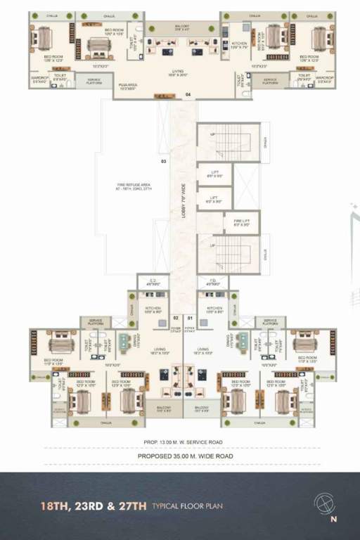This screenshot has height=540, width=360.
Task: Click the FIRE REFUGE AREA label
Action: (x=134, y=188)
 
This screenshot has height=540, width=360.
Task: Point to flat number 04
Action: (x=188, y=94)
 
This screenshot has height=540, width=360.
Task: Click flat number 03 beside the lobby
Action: (x=163, y=162)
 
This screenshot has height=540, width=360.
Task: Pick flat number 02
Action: (x=176, y=318)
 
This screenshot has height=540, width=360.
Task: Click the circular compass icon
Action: (x=324, y=504)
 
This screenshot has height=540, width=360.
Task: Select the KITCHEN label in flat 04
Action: (x=238, y=45)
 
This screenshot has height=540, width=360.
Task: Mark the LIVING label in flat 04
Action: (x=181, y=72)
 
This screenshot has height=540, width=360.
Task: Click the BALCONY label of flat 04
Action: (x=182, y=27)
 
